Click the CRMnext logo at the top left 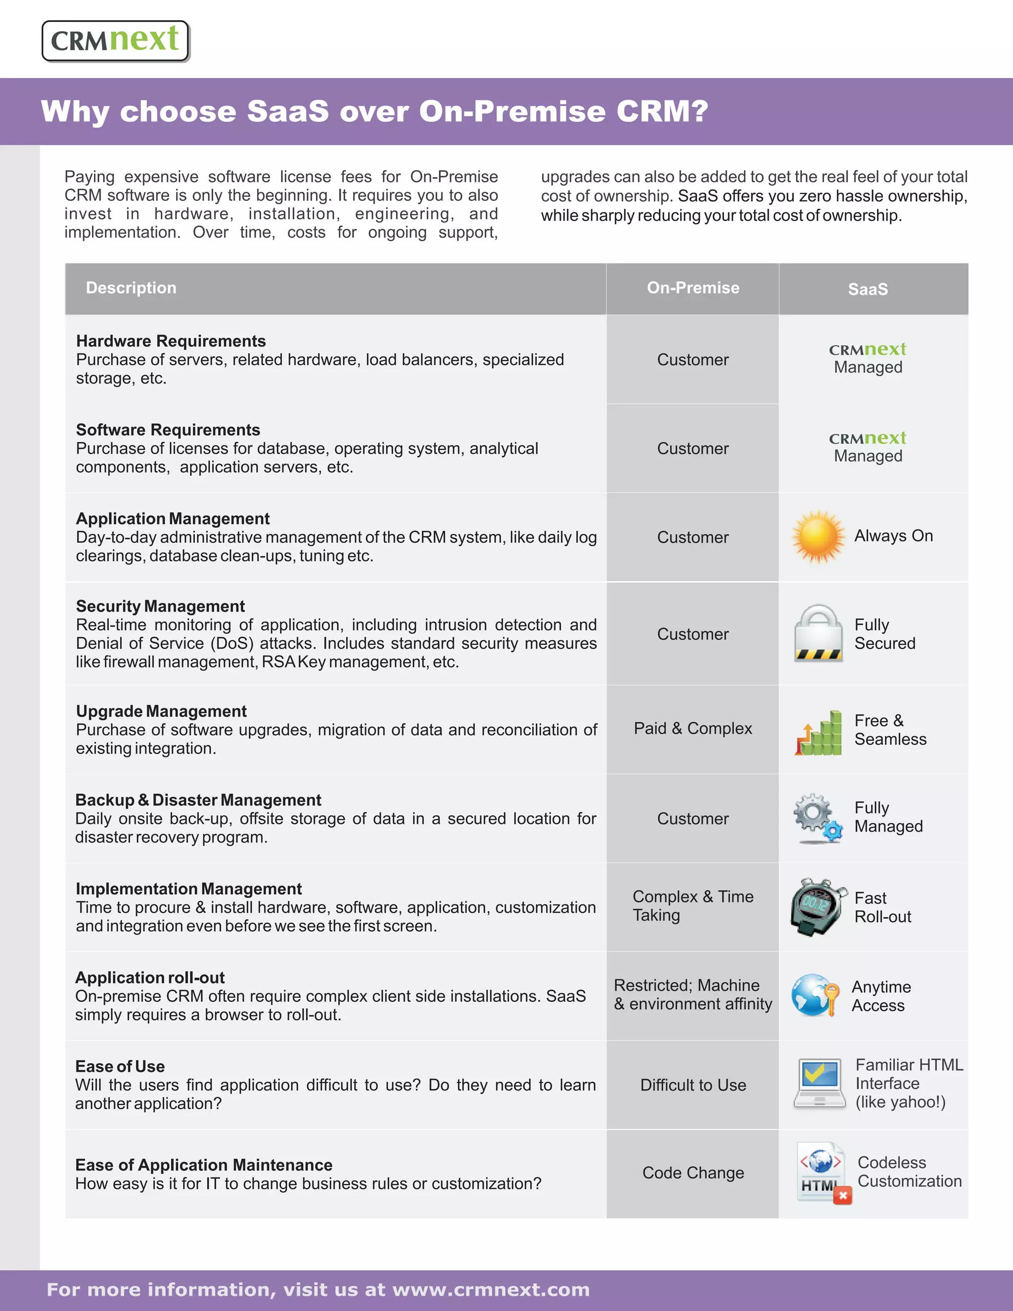pos(115,41)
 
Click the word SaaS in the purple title pos(287,112)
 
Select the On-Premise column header pos(692,288)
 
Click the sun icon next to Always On pos(817,537)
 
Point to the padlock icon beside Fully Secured pos(819,633)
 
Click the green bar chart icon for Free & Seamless pos(819,732)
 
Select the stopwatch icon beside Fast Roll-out pos(817,906)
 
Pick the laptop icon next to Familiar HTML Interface pos(819,1083)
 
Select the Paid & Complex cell pos(692,729)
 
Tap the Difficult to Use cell pos(692,1085)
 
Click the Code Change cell pos(692,1173)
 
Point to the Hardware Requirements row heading pos(171,341)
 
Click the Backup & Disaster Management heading pos(198,800)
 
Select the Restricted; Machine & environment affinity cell pos(692,995)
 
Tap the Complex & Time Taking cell pos(692,906)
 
